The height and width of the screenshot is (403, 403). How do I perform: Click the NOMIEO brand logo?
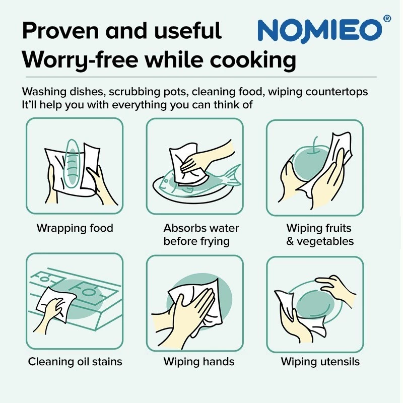click(x=320, y=31)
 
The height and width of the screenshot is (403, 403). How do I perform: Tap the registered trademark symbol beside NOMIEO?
click(x=387, y=19)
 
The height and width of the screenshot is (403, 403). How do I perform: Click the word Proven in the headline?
click(x=60, y=31)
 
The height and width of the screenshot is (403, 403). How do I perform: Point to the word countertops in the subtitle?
click(x=337, y=92)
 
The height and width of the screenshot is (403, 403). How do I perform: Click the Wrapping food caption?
click(x=75, y=228)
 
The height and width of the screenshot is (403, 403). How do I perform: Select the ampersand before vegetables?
click(x=290, y=241)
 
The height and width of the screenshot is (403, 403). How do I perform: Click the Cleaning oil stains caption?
click(x=75, y=362)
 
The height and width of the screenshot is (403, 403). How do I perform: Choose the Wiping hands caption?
click(x=199, y=362)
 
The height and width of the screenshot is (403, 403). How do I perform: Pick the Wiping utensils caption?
click(x=320, y=362)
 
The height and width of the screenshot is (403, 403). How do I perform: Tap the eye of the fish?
click(x=166, y=181)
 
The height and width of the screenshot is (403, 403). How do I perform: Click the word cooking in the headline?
click(x=253, y=60)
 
